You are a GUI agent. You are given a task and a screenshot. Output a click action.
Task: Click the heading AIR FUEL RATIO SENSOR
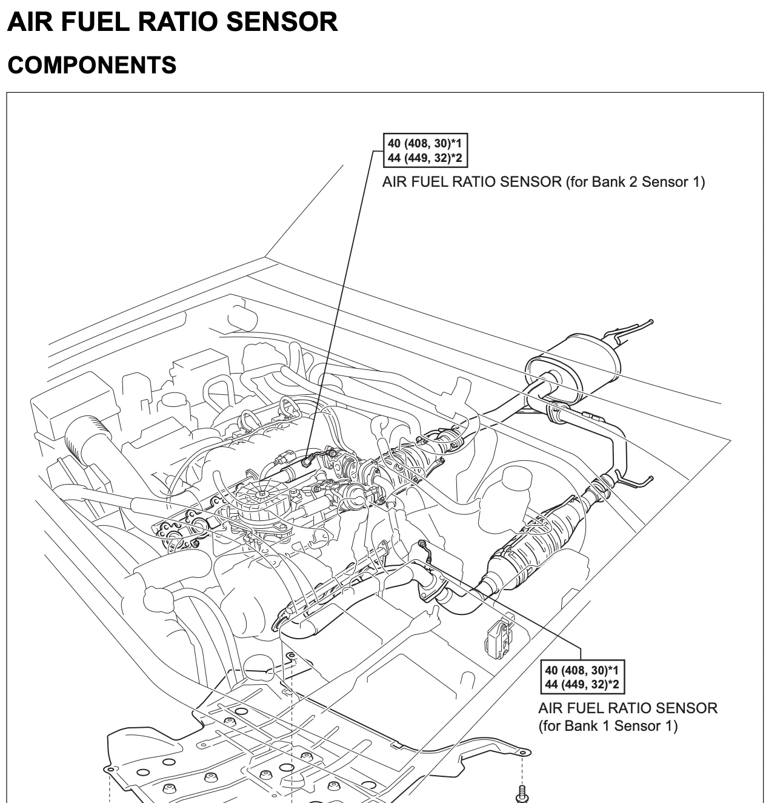point(173,22)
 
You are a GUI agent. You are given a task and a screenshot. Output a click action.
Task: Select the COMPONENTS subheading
point(92,65)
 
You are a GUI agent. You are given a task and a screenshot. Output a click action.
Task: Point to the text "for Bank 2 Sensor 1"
point(636,181)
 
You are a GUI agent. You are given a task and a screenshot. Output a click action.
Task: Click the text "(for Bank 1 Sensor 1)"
point(608,725)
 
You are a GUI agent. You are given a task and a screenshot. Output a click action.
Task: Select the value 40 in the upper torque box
point(394,144)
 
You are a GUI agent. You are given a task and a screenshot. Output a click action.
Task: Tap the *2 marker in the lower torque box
point(613,685)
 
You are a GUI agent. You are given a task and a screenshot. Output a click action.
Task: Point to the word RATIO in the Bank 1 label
point(616,708)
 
